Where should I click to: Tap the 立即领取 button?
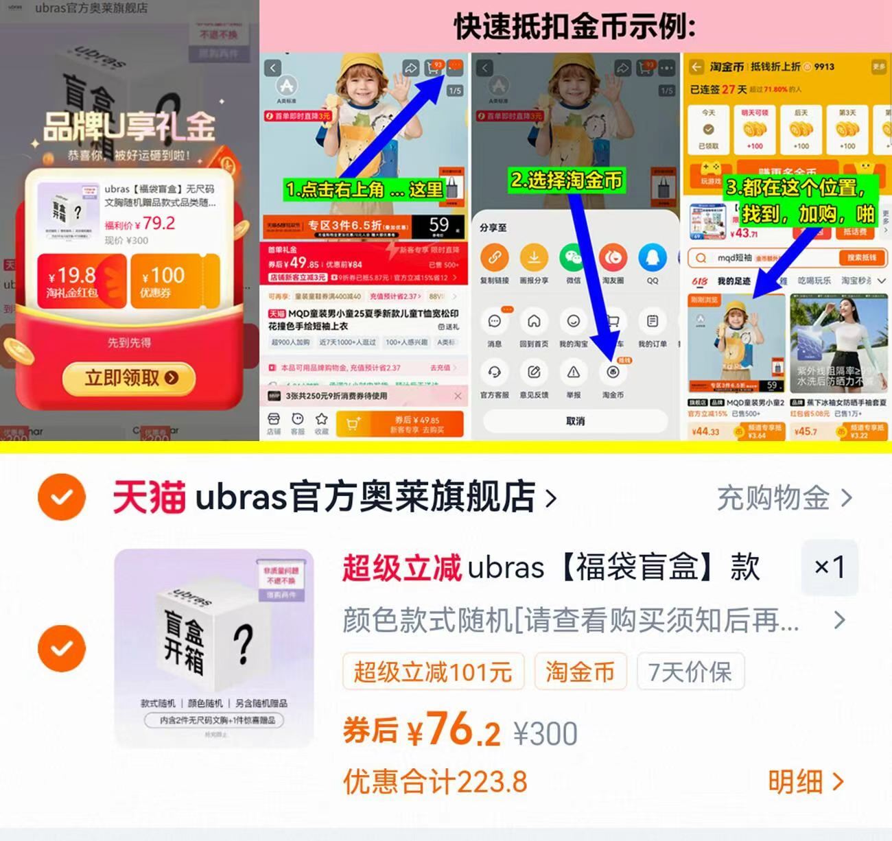(x=130, y=378)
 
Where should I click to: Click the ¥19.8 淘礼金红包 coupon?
(x=81, y=281)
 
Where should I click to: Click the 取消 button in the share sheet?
(x=575, y=420)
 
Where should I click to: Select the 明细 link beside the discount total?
(x=804, y=781)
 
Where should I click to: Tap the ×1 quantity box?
(x=829, y=567)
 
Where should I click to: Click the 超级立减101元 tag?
(x=433, y=672)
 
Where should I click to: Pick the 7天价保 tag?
(x=690, y=672)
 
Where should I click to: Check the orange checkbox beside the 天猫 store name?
(x=62, y=497)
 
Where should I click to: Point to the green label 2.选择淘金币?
(x=567, y=180)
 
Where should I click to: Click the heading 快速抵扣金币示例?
(x=575, y=27)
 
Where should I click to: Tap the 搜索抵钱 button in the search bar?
(x=861, y=258)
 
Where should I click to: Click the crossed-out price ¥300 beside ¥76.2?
(x=545, y=734)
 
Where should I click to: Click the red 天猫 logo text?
(x=149, y=497)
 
